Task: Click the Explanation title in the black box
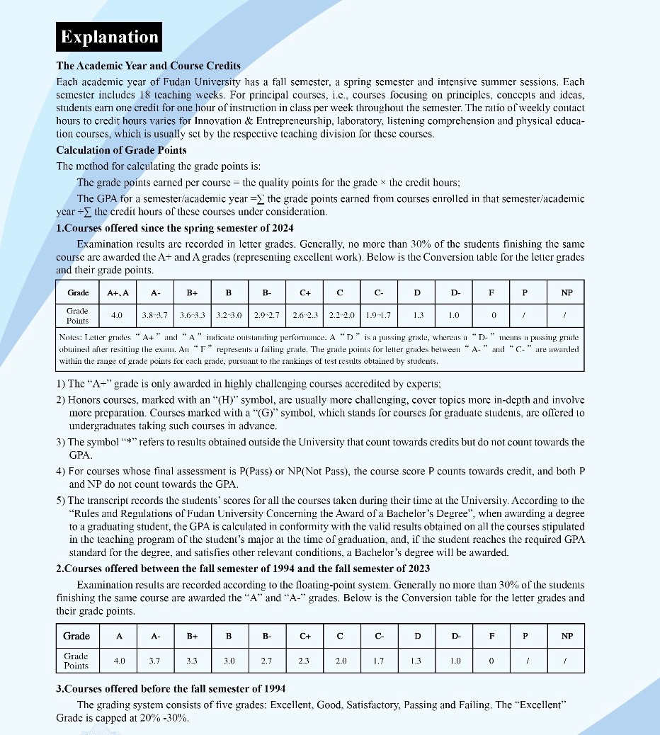point(109,37)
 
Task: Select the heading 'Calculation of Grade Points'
point(122,149)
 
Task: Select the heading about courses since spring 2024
point(174,228)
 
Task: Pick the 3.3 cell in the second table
point(192,660)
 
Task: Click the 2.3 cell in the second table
point(305,660)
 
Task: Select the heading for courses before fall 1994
point(170,688)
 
